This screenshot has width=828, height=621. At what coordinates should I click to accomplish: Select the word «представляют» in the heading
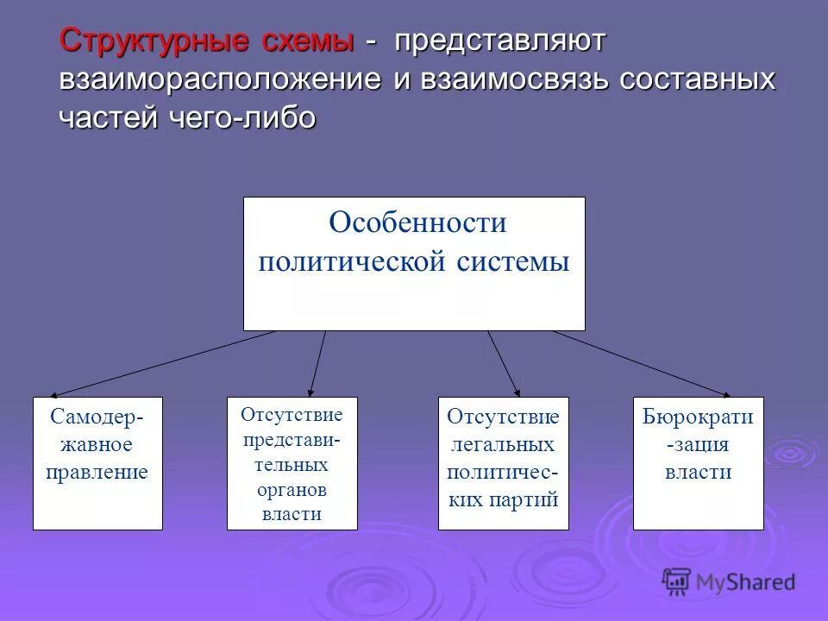501,41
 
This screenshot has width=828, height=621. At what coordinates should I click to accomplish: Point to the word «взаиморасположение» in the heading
220,78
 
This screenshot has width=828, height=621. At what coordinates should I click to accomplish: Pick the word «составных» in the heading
704,78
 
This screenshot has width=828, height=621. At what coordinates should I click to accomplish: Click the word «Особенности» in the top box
417,223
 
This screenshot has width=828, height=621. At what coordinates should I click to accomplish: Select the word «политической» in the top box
350,260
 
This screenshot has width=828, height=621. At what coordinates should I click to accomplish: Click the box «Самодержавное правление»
97,463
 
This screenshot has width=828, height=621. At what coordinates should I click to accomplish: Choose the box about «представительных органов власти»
292,463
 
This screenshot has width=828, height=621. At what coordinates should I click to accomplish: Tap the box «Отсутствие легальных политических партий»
504,463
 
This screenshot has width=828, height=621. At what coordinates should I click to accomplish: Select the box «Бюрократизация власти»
698,463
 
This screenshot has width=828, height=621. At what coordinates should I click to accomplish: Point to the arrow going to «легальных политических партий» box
504,363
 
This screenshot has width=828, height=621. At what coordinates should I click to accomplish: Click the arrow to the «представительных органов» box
317,363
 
